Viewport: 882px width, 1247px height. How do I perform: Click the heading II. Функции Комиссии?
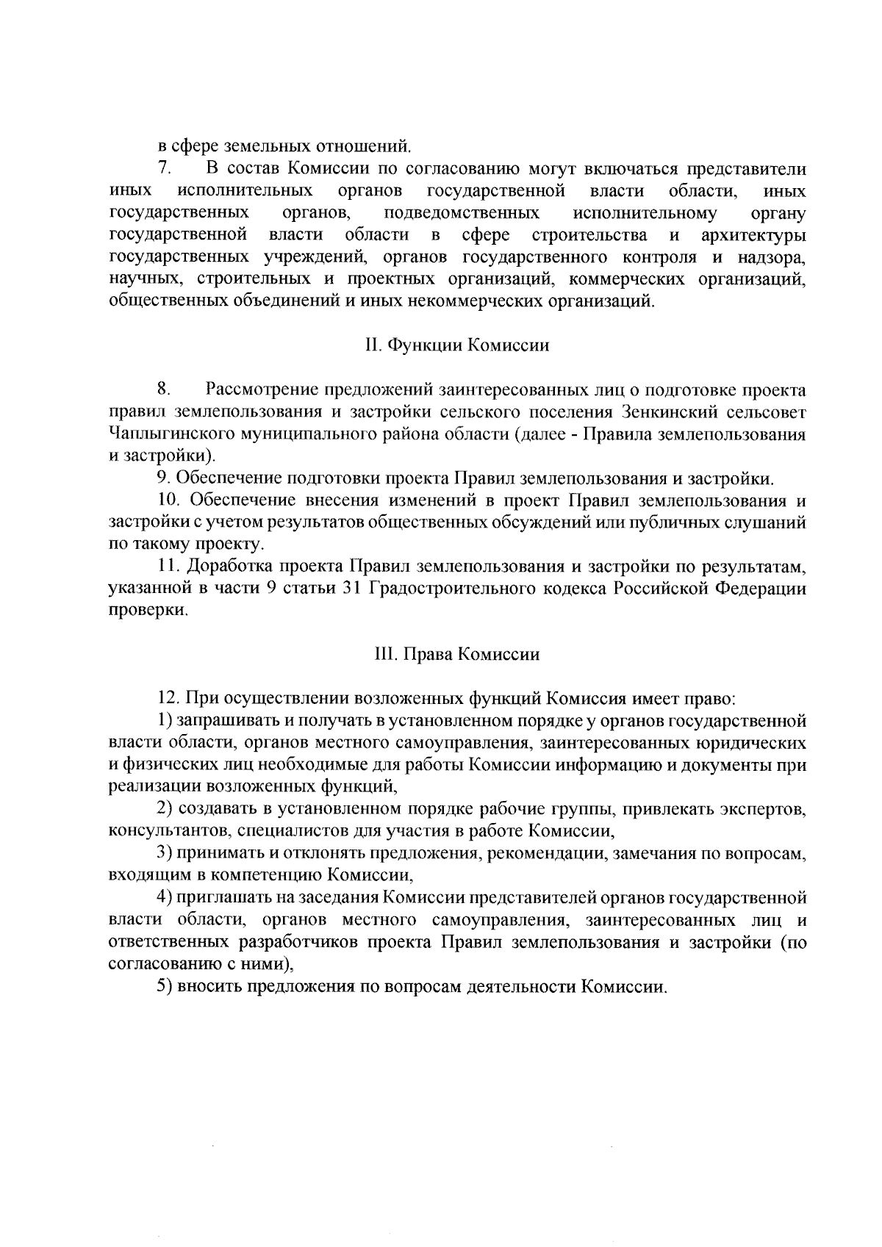pyautogui.click(x=457, y=345)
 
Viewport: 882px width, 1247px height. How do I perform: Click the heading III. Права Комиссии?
pyautogui.click(x=457, y=654)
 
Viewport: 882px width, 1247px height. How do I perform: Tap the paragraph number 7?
pyautogui.click(x=164, y=170)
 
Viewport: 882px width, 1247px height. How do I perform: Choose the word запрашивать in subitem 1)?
pyautogui.click(x=225, y=720)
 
